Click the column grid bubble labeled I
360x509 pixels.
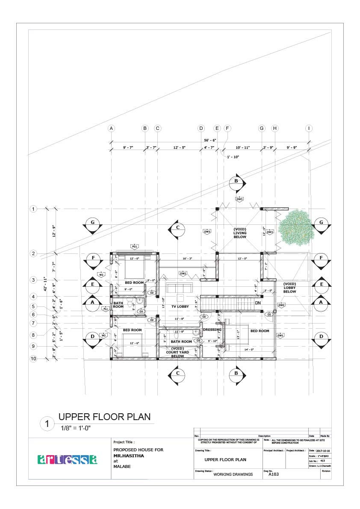coord(309,128)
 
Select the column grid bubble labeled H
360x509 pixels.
coord(274,128)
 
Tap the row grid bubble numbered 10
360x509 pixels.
coord(33,359)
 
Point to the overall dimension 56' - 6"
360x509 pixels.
coord(210,140)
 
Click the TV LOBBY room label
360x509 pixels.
coord(180,306)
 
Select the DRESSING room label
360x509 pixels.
coord(212,330)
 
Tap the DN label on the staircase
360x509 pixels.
coord(258,303)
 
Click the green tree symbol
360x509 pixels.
coord(295,228)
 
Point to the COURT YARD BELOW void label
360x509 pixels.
coord(174,352)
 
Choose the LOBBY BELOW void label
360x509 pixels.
coord(289,288)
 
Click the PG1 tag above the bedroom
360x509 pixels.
coord(134,247)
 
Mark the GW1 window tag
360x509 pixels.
coord(280,335)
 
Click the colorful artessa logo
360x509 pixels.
coord(68,459)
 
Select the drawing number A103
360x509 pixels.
coord(274,474)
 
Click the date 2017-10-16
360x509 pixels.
coord(322,451)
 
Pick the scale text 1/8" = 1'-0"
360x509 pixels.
coord(76,428)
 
